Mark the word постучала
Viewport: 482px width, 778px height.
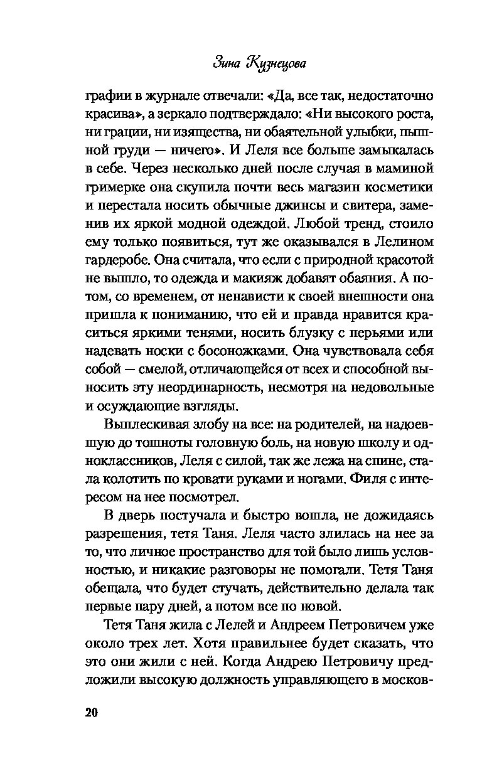pos(175,516)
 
